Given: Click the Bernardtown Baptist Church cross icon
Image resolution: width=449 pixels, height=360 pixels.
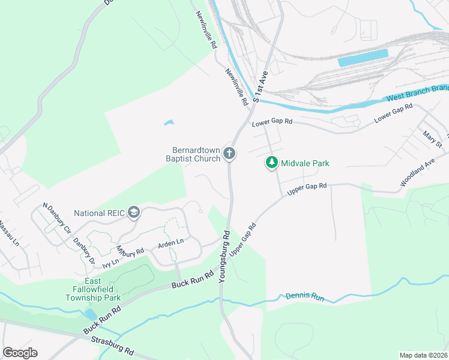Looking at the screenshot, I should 229,154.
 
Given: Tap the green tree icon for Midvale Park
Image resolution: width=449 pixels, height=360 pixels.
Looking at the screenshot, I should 271,163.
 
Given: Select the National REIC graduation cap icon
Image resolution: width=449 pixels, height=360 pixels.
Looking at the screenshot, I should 134,212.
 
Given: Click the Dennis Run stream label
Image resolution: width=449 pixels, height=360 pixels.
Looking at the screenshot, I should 305,297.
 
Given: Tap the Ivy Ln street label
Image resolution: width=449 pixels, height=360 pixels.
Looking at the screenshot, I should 111,262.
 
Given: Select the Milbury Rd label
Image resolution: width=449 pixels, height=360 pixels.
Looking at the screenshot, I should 130,252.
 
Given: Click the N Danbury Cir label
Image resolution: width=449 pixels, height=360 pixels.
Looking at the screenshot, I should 56,218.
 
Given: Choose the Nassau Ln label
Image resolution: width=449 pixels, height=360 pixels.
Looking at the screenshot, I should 9,234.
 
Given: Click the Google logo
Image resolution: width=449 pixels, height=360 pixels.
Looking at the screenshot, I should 20,353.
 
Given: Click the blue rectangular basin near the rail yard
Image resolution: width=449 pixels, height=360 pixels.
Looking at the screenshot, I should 363,58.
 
